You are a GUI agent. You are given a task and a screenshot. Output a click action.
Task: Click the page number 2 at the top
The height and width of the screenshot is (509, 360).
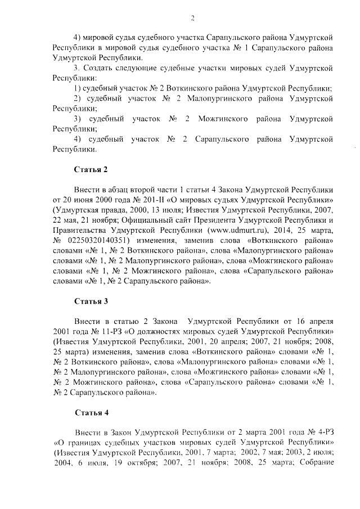(x=192, y=18)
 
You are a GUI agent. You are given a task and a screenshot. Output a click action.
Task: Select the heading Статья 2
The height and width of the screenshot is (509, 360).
(x=91, y=169)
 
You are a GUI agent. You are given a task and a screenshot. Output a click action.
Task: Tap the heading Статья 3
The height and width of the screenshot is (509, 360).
(x=91, y=301)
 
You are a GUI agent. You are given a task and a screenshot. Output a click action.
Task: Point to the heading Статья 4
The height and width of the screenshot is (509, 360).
(x=91, y=412)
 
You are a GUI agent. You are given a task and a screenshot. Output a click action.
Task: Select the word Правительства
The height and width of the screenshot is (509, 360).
(x=80, y=230)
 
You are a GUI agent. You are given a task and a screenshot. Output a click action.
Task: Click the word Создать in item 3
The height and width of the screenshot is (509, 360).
(x=101, y=68)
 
